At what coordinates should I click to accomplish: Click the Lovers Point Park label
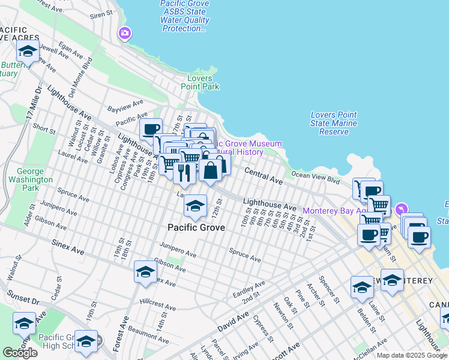click(x=200, y=82)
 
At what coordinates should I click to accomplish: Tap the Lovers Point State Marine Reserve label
click(x=334, y=123)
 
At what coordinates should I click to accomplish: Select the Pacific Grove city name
click(x=196, y=227)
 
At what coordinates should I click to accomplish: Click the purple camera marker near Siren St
click(x=125, y=33)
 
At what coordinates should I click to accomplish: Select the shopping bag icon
click(x=211, y=170)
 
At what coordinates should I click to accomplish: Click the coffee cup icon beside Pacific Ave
click(x=151, y=128)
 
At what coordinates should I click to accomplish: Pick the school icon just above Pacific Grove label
click(x=195, y=206)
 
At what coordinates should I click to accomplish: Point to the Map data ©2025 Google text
click(x=412, y=355)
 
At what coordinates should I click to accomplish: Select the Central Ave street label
click(x=263, y=176)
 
